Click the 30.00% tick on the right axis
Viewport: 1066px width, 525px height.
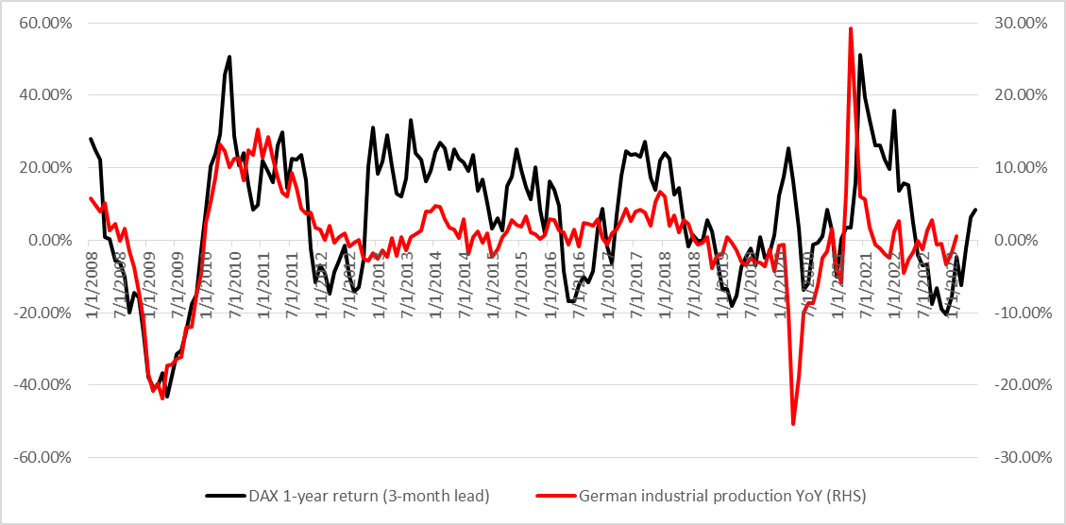click(1023, 23)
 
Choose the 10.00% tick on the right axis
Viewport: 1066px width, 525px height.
click(1023, 168)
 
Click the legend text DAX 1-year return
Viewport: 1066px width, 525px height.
click(368, 495)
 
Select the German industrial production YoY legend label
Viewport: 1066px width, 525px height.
click(722, 495)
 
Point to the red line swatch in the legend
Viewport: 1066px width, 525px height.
click(554, 495)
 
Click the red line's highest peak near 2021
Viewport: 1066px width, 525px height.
click(851, 28)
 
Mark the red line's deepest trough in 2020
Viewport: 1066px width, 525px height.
click(793, 424)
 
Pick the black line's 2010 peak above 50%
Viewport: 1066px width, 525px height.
click(229, 57)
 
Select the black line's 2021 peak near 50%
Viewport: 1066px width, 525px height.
click(860, 55)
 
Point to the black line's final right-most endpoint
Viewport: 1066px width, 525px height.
click(976, 210)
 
